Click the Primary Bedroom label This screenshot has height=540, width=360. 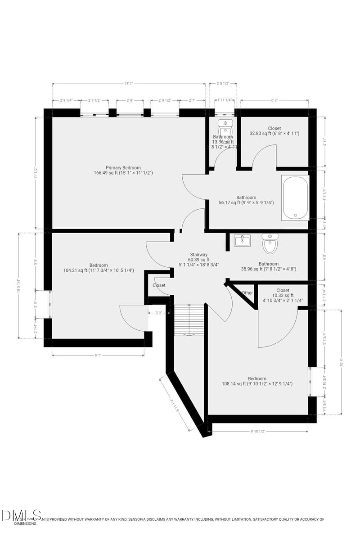tap(123, 167)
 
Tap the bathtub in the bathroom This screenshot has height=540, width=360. tap(295, 198)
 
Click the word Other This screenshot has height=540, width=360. tap(247, 293)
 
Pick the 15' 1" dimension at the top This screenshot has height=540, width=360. tap(129, 84)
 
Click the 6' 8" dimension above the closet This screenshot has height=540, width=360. tap(274, 100)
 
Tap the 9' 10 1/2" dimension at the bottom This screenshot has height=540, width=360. tap(257, 431)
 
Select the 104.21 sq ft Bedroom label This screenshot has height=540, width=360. tap(98, 265)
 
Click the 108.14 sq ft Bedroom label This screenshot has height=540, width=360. tap(257, 378)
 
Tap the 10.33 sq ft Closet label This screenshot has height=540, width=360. tap(283, 290)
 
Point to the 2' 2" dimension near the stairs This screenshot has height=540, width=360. tap(159, 312)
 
